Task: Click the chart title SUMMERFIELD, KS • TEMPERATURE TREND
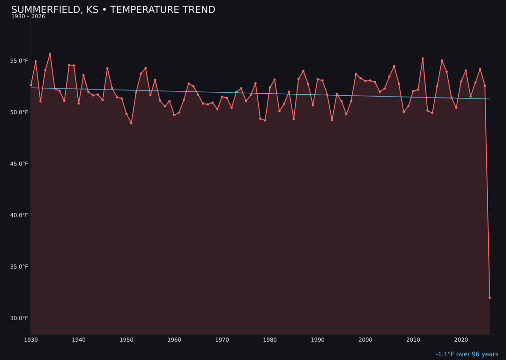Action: pos(113,10)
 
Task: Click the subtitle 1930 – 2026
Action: pos(28,17)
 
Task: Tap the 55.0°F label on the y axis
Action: pos(20,61)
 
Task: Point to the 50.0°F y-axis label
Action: pos(20,112)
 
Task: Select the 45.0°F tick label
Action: pos(20,164)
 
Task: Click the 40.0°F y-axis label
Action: pos(20,215)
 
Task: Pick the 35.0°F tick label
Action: pos(20,267)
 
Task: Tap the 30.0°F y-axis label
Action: pos(20,318)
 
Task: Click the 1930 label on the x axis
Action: pos(31,340)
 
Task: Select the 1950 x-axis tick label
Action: pos(126,340)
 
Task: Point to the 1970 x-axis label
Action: pos(222,340)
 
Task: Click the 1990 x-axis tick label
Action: pos(318,340)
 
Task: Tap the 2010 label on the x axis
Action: pos(413,340)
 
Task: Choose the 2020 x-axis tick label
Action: pos(461,340)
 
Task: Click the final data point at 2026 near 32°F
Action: pos(490,298)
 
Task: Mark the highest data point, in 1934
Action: pos(50,54)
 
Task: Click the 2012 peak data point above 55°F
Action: pos(423,59)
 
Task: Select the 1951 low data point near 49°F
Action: pos(131,123)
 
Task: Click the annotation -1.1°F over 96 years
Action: pos(467,354)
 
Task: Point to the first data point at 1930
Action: pos(31,85)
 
